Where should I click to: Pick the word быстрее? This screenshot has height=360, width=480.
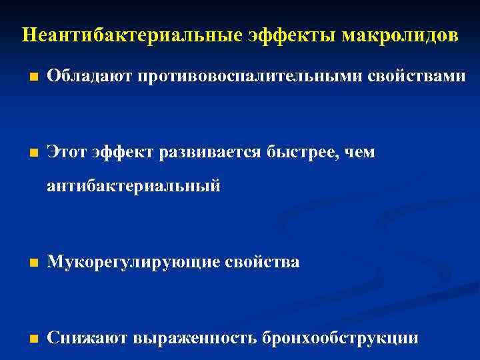click(301, 153)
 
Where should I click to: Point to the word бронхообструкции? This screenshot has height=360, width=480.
click(340, 338)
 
